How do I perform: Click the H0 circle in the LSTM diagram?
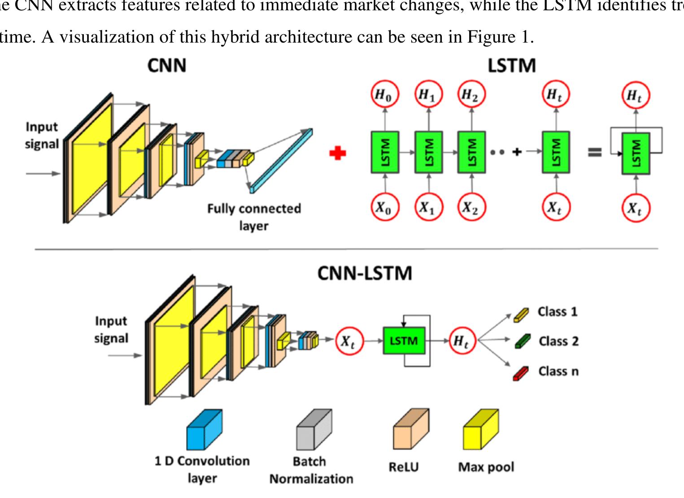click(384, 95)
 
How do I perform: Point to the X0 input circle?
click(384, 208)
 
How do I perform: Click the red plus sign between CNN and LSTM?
click(337, 153)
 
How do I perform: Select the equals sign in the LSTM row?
click(595, 152)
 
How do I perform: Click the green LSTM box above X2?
click(471, 152)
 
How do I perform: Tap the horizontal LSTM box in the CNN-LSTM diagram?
click(404, 341)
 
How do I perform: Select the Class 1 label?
click(558, 312)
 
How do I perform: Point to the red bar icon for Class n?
click(521, 372)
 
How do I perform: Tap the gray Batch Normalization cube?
click(314, 430)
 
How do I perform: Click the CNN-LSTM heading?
click(364, 273)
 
